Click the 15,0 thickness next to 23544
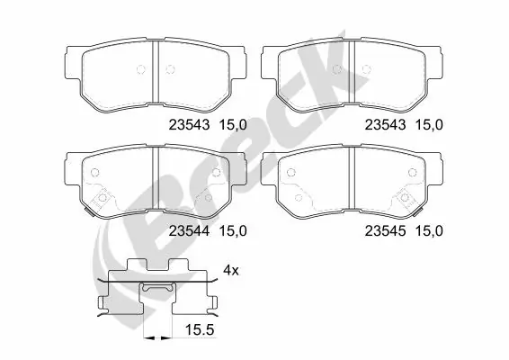coord(231,230)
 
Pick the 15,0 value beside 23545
coord(427,230)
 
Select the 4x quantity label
coord(230,269)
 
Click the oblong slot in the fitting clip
coord(157,288)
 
